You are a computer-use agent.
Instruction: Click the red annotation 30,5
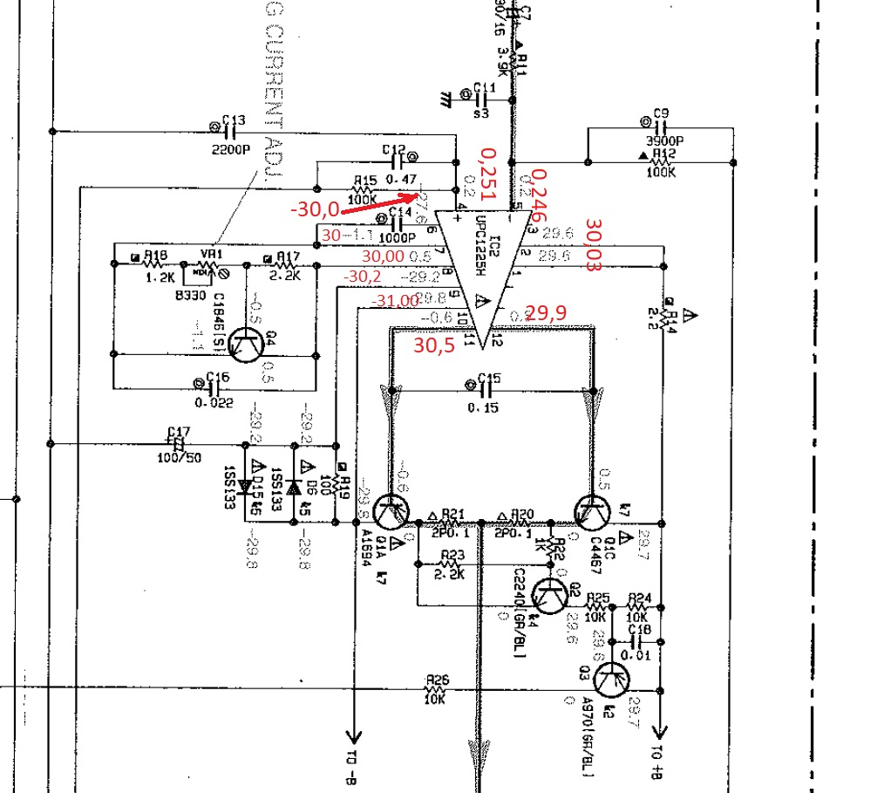pos(433,345)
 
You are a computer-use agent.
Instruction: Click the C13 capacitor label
pos(233,120)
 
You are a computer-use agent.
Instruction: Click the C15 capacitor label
pos(490,378)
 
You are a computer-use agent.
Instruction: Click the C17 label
pos(179,430)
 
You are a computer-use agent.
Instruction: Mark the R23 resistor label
pos(452,555)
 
